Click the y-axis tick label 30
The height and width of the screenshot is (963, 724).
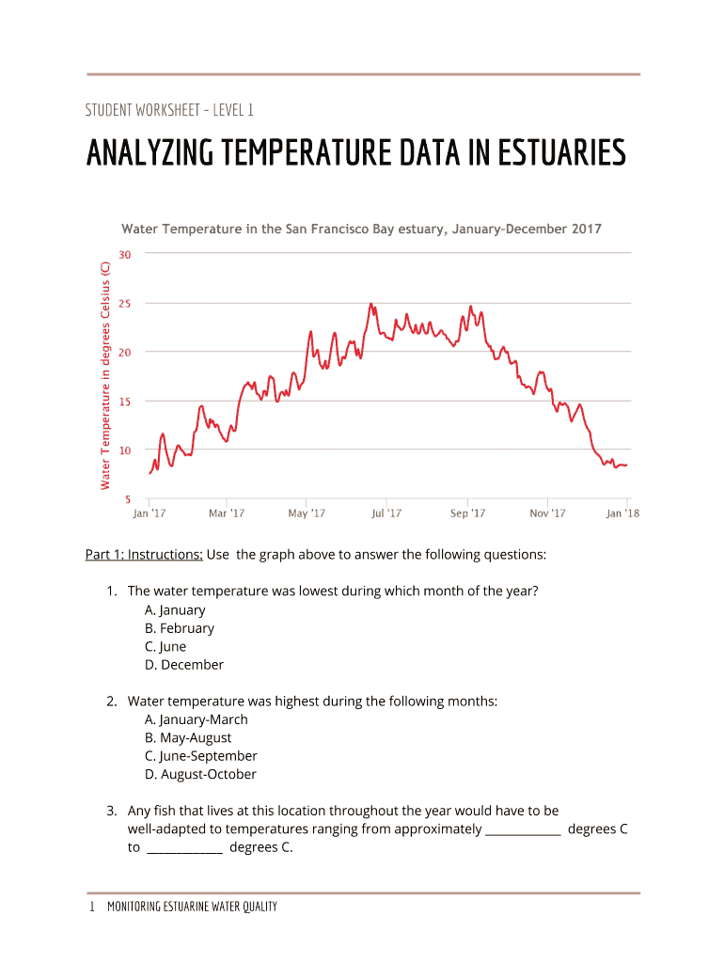click(x=125, y=254)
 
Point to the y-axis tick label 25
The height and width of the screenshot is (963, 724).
click(x=125, y=304)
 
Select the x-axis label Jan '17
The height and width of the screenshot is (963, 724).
click(x=149, y=513)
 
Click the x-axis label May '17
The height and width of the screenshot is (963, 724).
click(x=307, y=513)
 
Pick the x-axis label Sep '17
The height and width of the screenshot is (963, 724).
click(x=467, y=513)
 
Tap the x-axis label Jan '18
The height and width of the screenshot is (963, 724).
click(x=622, y=513)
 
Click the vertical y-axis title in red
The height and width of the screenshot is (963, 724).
click(x=105, y=374)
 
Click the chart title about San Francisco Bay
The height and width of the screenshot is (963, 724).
click(x=361, y=229)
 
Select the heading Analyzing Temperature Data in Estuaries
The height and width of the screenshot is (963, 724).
click(x=355, y=152)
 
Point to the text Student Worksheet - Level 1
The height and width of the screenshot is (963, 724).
click(x=169, y=111)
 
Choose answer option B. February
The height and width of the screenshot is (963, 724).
click(x=179, y=628)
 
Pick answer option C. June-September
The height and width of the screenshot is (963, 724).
click(x=200, y=756)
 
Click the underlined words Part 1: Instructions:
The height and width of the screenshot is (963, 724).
click(x=144, y=555)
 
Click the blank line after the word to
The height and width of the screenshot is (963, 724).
click(x=185, y=849)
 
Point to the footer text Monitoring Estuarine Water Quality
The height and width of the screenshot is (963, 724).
click(x=192, y=908)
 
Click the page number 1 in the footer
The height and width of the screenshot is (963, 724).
click(x=92, y=908)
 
